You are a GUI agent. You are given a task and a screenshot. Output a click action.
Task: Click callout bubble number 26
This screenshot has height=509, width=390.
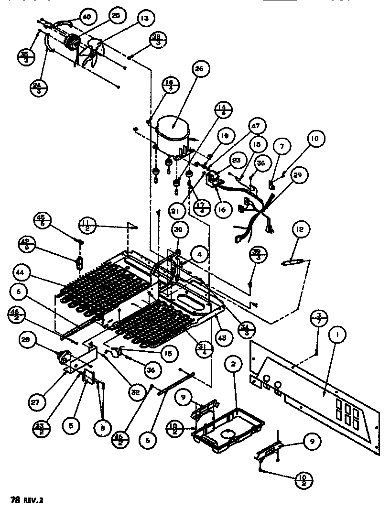198,69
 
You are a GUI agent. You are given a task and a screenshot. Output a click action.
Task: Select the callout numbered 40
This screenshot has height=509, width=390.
86,17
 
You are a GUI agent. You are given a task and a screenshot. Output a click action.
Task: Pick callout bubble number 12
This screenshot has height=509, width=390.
299,230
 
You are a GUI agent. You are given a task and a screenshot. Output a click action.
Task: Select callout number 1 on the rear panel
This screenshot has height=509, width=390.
337,336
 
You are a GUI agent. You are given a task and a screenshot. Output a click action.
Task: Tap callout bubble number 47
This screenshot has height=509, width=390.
256,127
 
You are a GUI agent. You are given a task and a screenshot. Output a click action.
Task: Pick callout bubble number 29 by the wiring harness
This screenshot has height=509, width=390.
297,175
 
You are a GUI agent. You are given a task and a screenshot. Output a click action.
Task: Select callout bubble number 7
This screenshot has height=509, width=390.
282,146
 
